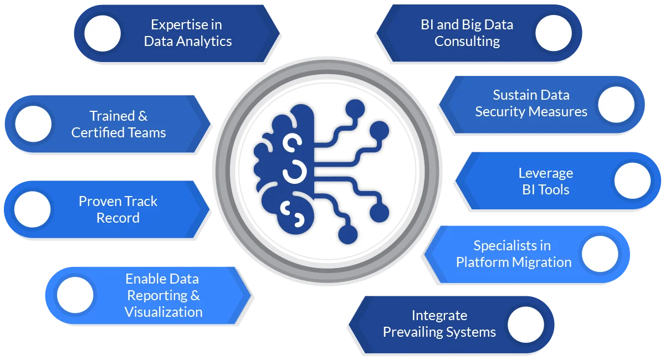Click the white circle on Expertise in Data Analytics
coord(103,33)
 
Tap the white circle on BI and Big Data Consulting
coord(554,33)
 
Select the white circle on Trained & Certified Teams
coord(33,124)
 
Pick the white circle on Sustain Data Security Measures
coord(616,104)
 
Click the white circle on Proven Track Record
coord(32,209)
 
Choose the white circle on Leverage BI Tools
coord(633,181)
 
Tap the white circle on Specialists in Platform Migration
coord(600,254)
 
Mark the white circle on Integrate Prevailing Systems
coord(525,324)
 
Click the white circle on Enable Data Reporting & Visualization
coord(75,295)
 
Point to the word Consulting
coord(467,42)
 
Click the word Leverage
coord(545,173)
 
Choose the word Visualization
coord(163,312)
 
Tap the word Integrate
coord(439,316)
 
